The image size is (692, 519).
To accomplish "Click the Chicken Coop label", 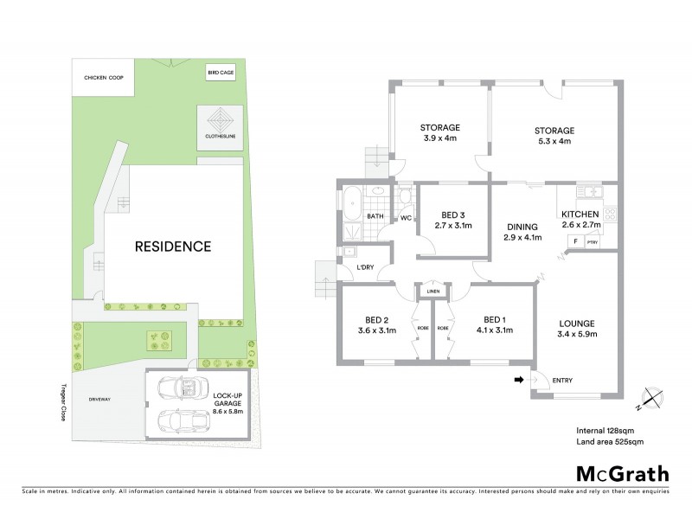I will [x=103, y=79].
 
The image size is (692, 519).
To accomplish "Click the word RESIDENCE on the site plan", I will [x=172, y=247].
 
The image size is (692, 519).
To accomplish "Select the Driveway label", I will [x=102, y=400].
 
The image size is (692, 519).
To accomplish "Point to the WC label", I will [x=404, y=218].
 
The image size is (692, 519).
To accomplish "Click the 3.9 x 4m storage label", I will [x=439, y=132].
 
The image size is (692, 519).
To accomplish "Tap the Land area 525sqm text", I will [x=610, y=441].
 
